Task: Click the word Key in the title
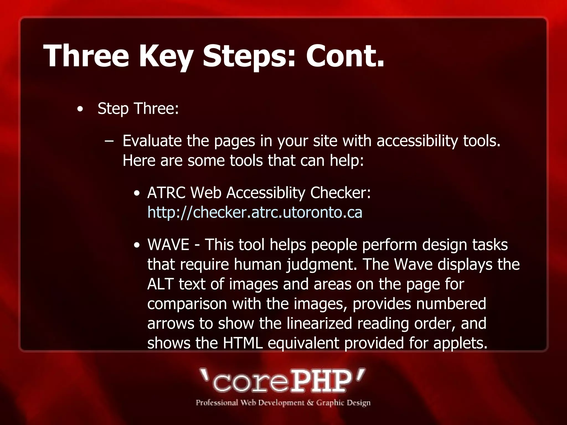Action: pyautogui.click(x=165, y=56)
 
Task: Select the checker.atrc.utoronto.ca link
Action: pyautogui.click(x=255, y=212)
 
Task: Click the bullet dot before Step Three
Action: pyautogui.click(x=80, y=109)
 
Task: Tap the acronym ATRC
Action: pyautogui.click(x=166, y=193)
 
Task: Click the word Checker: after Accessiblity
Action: pyautogui.click(x=340, y=193)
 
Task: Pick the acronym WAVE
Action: pyautogui.click(x=168, y=245)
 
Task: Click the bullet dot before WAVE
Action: pyautogui.click(x=136, y=245)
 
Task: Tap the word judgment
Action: pyautogui.click(x=321, y=265)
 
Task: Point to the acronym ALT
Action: pyautogui.click(x=160, y=284)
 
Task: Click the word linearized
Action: pyautogui.click(x=319, y=323)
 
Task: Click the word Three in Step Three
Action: pyautogui.click(x=156, y=108)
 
